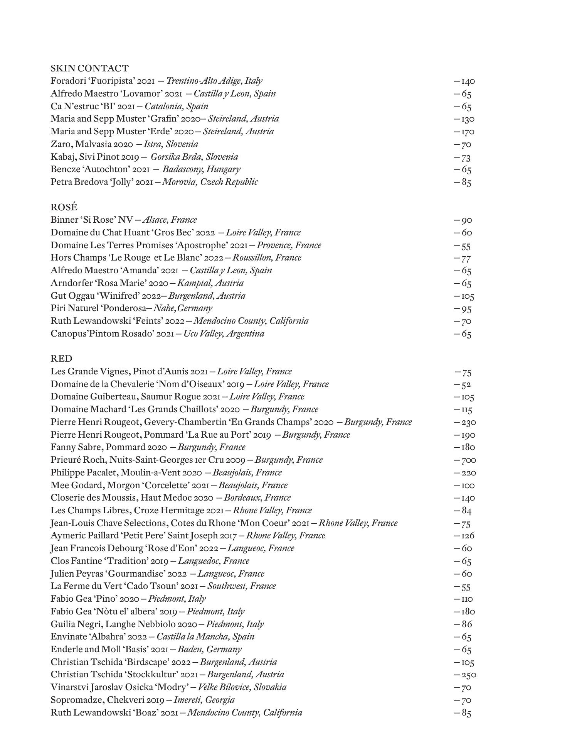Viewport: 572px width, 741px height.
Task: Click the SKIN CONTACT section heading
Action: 89,68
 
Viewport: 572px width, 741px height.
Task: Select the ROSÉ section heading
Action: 64,207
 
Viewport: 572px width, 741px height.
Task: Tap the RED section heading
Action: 61,359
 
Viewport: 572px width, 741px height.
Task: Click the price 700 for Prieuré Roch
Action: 465,460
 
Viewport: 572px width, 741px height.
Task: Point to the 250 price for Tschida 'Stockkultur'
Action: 465,675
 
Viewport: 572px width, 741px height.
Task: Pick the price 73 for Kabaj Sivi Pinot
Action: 463,157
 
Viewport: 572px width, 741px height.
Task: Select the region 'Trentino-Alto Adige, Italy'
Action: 214,81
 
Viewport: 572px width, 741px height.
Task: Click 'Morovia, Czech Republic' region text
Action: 210,182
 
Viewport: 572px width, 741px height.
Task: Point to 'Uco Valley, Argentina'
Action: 224,334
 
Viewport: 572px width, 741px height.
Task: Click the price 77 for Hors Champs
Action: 463,258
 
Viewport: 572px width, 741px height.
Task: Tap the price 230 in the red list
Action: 465,422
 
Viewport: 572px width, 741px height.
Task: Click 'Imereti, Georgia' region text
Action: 204,700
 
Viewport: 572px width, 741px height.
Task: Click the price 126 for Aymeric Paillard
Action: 464,536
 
